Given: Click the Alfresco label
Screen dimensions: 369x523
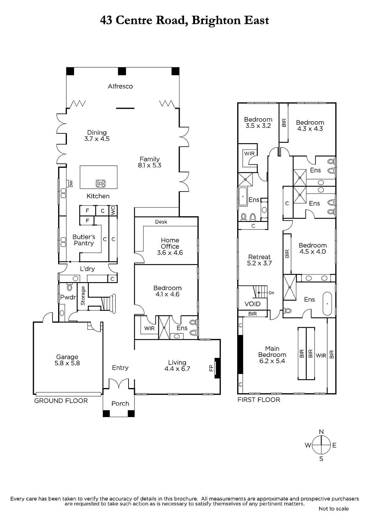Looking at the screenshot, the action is (x=120, y=86).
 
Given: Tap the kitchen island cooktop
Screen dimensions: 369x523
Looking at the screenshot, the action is (x=100, y=183).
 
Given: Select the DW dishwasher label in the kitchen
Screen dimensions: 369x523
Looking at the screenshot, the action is (x=71, y=184).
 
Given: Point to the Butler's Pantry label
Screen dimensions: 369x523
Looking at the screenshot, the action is (x=84, y=240).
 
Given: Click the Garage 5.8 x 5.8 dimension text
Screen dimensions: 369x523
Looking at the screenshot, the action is (x=67, y=363).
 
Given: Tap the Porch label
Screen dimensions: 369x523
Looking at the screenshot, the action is (x=120, y=403).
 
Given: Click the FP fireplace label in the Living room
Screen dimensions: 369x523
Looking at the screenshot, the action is (x=211, y=368).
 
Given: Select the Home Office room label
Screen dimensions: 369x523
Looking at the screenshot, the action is (x=170, y=243).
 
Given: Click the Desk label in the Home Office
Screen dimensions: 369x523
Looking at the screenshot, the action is (x=161, y=222).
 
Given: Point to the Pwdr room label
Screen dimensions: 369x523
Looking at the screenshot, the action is (x=68, y=297).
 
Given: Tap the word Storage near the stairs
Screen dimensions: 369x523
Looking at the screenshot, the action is (x=83, y=295).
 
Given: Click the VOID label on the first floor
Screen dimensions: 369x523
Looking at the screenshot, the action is (x=253, y=304).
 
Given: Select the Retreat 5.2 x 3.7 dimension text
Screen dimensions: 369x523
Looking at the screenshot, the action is (x=259, y=263).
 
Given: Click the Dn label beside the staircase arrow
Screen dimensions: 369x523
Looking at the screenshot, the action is (x=271, y=293).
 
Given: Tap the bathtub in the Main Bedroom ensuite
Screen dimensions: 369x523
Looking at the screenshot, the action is (x=327, y=304).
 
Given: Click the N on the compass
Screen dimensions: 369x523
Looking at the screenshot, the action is (x=321, y=432).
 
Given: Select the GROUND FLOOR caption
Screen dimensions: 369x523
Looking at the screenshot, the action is (x=61, y=401).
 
